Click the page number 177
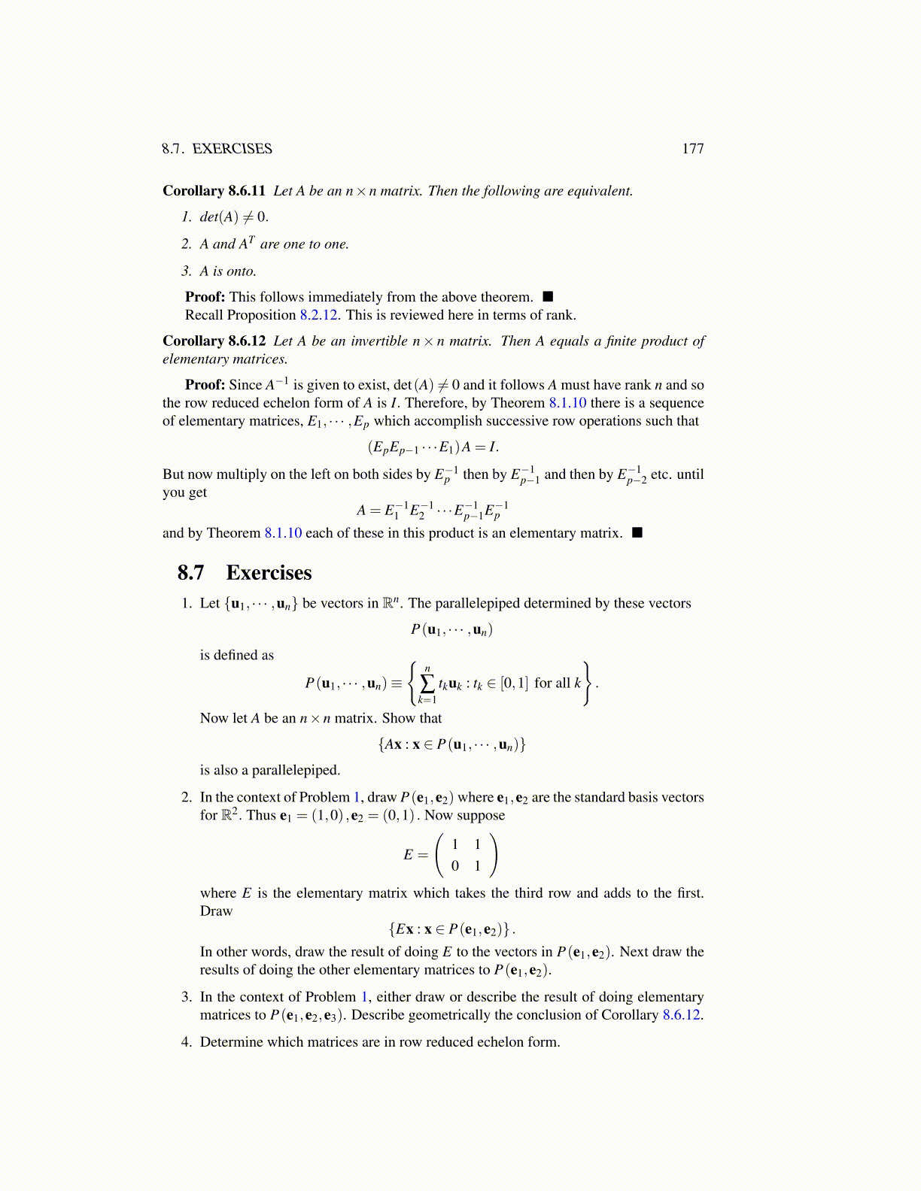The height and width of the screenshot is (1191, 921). [x=692, y=149]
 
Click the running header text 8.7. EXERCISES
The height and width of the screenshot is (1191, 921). [x=217, y=149]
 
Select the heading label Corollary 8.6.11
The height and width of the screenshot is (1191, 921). [x=214, y=191]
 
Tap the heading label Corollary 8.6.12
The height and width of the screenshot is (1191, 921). [x=214, y=341]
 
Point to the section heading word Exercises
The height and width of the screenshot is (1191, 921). [x=269, y=573]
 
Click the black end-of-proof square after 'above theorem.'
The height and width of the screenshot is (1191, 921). [x=548, y=297]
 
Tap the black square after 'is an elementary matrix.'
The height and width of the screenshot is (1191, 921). [x=637, y=533]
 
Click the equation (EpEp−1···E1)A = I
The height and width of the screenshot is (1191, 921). [x=433, y=447]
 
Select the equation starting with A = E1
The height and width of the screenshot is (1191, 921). [x=433, y=511]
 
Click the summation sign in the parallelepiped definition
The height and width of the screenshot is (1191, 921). [x=427, y=683]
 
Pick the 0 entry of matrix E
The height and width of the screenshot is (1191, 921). [x=454, y=866]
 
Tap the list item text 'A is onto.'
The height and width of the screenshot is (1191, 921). [x=228, y=271]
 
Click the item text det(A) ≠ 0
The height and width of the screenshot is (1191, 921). [x=234, y=217]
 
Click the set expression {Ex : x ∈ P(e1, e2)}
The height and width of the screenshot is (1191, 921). [x=451, y=929]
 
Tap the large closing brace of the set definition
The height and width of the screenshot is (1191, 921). [x=588, y=683]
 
